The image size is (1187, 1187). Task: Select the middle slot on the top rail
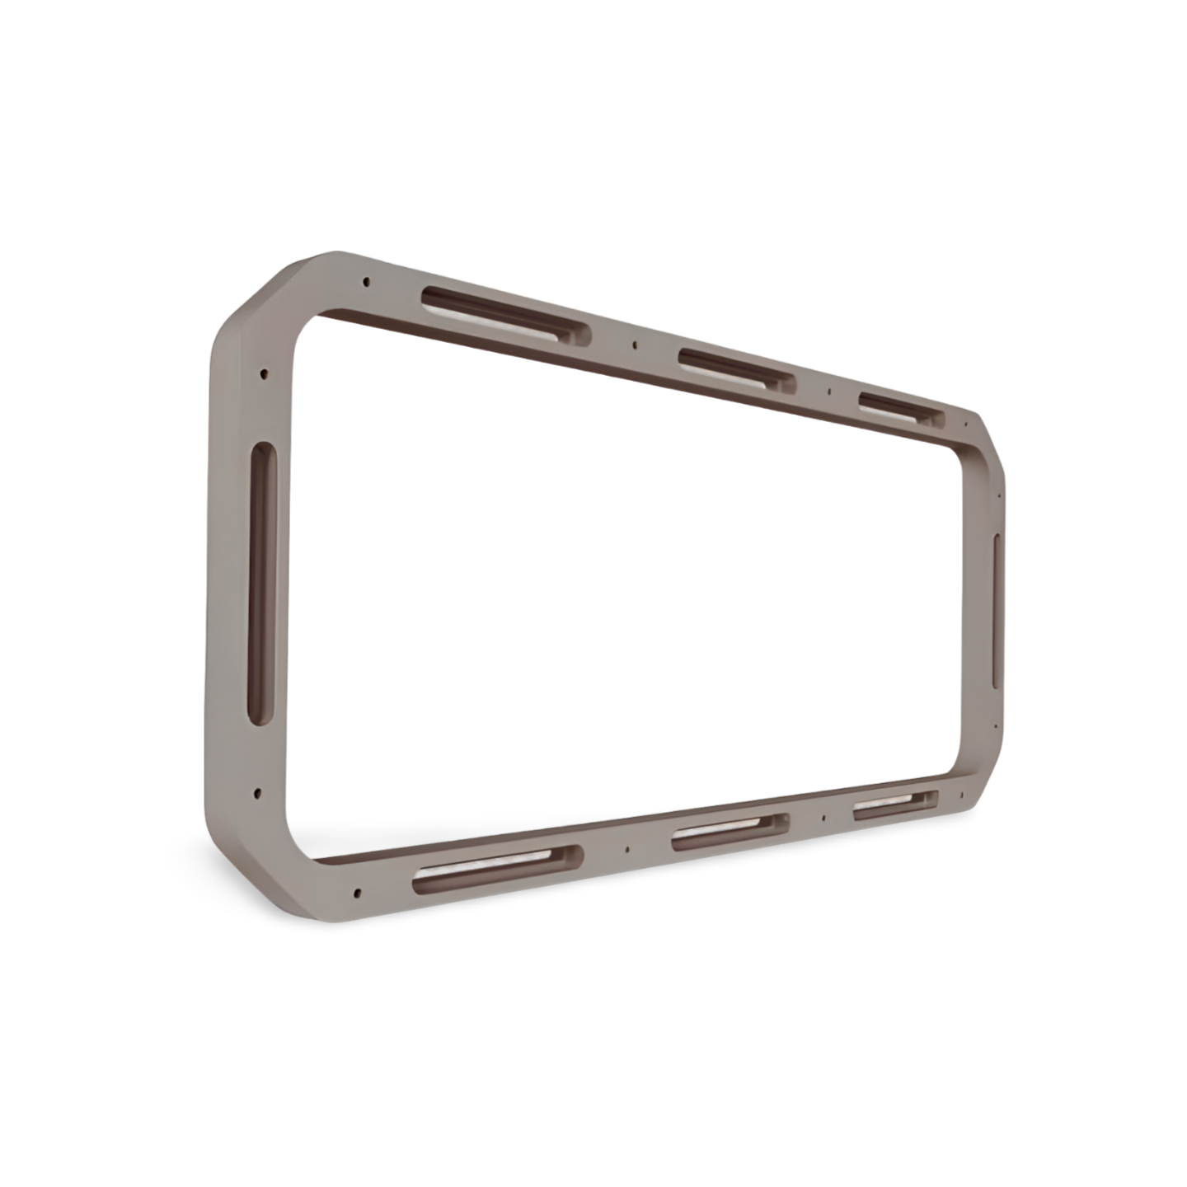click(x=737, y=368)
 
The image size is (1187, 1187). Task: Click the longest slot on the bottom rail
click(x=497, y=870)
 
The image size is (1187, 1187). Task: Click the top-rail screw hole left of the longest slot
click(x=364, y=283)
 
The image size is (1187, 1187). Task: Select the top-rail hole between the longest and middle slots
click(x=632, y=344)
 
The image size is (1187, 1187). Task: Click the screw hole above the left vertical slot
click(x=264, y=373)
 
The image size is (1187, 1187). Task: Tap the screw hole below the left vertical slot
click(x=259, y=793)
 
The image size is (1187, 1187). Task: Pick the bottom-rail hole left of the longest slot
click(x=356, y=892)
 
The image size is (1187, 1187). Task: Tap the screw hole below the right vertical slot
click(x=996, y=726)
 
